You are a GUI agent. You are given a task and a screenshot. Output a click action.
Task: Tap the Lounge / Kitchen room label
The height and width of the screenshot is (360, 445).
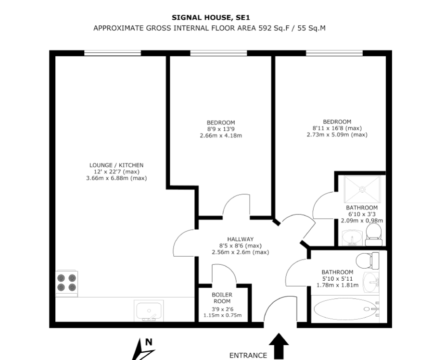pos(116,165)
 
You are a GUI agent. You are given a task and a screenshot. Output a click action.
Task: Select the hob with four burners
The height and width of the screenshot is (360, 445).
pos(67,283)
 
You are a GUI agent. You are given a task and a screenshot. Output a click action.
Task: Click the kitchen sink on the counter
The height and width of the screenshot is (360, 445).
pos(150,310)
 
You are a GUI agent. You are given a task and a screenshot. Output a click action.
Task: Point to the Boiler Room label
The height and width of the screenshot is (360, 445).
pos(222,298)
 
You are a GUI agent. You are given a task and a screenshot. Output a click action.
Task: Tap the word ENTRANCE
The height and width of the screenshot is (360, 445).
pos(248,356)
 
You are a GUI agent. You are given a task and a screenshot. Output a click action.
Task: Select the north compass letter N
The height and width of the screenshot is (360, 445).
pos(149,343)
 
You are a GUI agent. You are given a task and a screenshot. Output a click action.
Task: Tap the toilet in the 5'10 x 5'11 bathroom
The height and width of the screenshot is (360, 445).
pos(369,261)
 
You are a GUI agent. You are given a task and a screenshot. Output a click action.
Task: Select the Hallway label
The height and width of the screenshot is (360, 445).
pos(240,239)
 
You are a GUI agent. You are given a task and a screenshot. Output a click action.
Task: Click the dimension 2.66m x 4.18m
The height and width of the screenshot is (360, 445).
pos(221,136)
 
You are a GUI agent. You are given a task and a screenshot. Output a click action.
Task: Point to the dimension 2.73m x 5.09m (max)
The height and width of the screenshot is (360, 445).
pos(337,135)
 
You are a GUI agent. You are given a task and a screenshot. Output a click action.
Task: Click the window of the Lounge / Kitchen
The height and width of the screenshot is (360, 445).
pos(113,53)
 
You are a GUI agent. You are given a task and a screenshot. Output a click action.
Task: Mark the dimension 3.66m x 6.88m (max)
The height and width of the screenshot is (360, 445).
pos(116,178)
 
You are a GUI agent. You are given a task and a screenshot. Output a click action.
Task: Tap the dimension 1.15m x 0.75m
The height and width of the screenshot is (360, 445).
pos(222,316)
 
